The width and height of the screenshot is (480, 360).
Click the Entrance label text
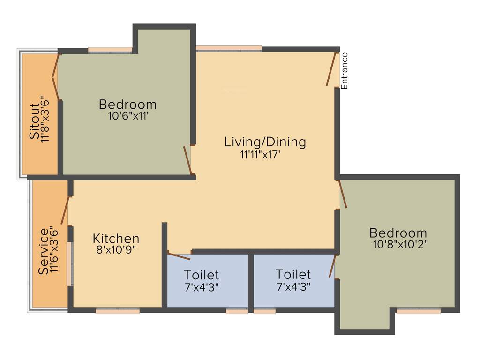tap(345, 71)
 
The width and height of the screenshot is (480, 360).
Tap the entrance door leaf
tap(332, 69)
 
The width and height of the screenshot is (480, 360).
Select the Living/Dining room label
tap(265, 142)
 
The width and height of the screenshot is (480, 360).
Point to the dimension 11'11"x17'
tap(260, 155)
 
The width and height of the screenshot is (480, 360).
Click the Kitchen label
tap(116, 238)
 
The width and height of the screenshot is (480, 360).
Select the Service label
tap(44, 251)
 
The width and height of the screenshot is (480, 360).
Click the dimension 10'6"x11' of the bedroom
tap(128, 116)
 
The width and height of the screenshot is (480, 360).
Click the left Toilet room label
tap(201, 274)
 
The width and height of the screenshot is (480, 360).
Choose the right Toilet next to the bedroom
tap(293, 274)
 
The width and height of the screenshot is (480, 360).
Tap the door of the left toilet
tap(179, 256)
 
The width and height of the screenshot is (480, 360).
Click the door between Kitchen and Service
tap(65, 210)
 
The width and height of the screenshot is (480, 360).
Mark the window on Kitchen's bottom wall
tap(118, 310)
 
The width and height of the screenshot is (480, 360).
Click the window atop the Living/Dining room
tap(229, 48)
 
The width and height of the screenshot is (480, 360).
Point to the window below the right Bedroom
tap(419, 310)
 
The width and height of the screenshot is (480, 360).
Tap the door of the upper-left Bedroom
tap(187, 160)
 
